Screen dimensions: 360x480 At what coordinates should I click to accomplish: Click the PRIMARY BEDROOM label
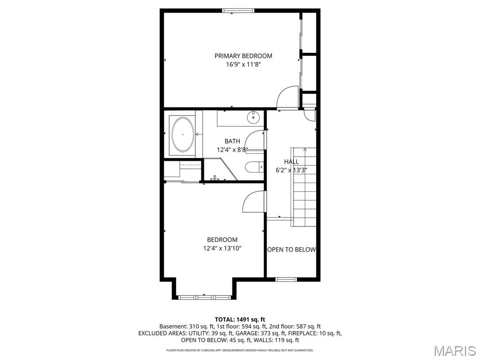(243, 56)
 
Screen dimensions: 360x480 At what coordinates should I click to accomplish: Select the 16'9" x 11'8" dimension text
(243, 65)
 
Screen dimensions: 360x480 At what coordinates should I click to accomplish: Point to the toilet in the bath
(254, 167)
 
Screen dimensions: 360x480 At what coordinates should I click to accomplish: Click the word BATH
(232, 141)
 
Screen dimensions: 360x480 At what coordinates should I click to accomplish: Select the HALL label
(291, 162)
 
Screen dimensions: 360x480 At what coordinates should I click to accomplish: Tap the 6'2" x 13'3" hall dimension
(291, 170)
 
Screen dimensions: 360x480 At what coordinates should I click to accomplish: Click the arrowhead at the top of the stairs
(305, 150)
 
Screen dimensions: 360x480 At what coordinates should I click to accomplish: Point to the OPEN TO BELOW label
(291, 249)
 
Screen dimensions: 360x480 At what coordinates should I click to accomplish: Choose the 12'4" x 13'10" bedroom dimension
(223, 248)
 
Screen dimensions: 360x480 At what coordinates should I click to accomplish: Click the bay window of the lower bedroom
(204, 297)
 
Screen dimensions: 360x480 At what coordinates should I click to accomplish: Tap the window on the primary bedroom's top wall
(238, 11)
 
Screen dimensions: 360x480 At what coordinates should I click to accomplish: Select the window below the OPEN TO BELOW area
(286, 279)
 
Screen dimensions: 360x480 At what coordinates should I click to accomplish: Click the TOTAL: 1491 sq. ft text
(240, 319)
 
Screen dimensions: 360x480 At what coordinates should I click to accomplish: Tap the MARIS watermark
(454, 350)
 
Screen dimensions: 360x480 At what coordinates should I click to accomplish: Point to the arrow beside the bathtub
(197, 135)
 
